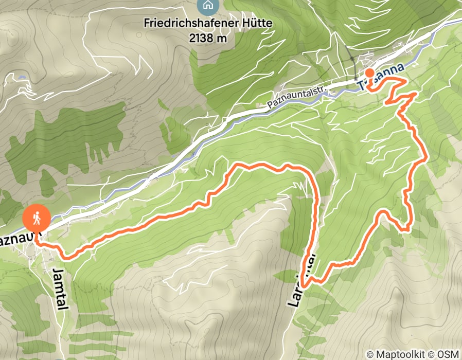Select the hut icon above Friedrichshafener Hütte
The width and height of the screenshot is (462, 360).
pyautogui.click(x=207, y=6)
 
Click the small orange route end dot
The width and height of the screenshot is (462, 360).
pyautogui.click(x=369, y=73)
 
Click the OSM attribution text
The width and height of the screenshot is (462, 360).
pyautogui.click(x=449, y=354)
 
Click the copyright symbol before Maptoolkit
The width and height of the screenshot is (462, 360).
pyautogui.click(x=370, y=354)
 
